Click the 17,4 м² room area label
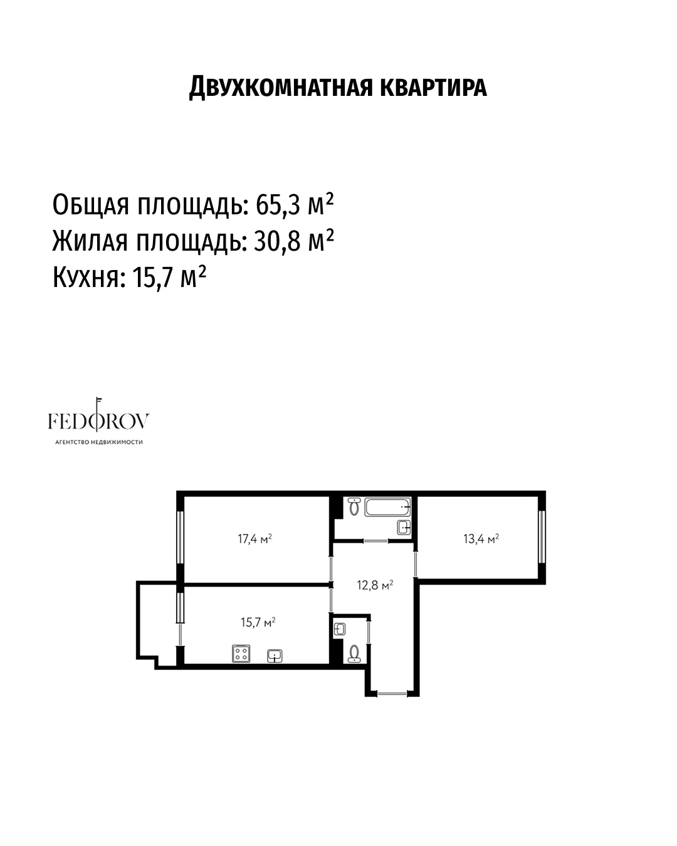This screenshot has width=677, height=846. click(x=255, y=538)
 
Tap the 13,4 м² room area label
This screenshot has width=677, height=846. click(x=481, y=538)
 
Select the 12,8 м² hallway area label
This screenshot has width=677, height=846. click(x=375, y=585)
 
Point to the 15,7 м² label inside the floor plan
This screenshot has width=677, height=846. click(x=258, y=622)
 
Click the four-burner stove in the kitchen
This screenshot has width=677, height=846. click(x=241, y=654)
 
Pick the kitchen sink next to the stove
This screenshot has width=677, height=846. click(x=275, y=655)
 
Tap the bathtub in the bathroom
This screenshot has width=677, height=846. click(x=387, y=507)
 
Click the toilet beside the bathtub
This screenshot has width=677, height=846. click(x=354, y=507)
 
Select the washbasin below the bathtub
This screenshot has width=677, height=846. click(x=404, y=527)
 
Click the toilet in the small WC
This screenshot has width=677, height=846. click(x=354, y=654)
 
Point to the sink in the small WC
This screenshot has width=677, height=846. click(x=340, y=630)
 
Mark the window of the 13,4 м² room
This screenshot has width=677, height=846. click(x=542, y=536)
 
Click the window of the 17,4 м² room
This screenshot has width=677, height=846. click(x=180, y=538)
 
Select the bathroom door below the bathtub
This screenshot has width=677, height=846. click(x=375, y=541)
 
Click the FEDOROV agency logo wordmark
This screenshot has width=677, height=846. click(x=98, y=420)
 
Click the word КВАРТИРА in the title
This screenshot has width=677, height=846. click(x=434, y=87)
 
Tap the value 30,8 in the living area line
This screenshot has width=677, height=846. click(x=277, y=241)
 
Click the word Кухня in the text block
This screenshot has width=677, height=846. click(x=86, y=278)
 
